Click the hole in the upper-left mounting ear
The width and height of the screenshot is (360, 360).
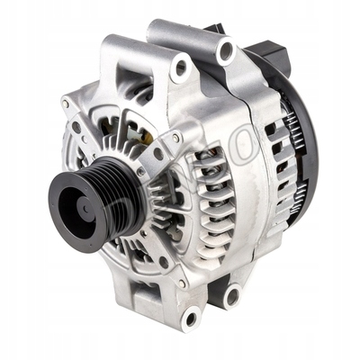click(x=182, y=67)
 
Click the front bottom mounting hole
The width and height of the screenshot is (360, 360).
click(x=190, y=318)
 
